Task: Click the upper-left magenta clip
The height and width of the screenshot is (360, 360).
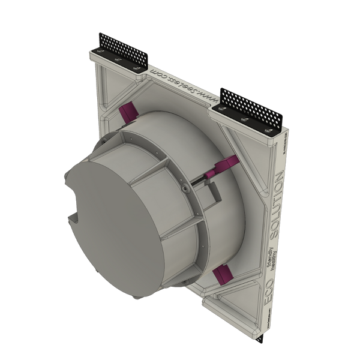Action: (x=128, y=112)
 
